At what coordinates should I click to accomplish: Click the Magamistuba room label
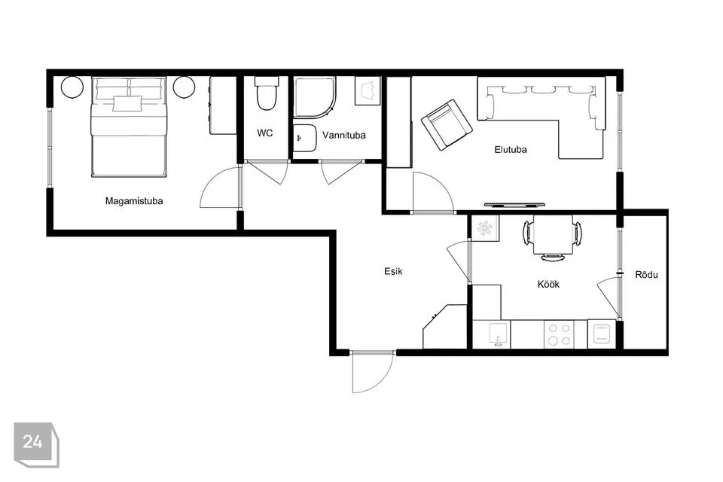(134, 201)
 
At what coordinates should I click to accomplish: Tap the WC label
(264, 133)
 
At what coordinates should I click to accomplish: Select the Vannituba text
(344, 135)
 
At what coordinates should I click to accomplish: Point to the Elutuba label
(511, 149)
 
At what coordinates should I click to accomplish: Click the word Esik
(393, 271)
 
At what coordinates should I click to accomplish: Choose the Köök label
(548, 284)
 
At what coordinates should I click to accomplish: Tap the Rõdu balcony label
(646, 275)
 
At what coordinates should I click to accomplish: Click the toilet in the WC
(267, 93)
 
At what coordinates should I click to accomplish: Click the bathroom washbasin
(305, 138)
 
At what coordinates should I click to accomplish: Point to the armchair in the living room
(447, 124)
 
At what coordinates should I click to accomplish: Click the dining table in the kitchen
(553, 234)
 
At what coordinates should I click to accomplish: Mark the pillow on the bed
(127, 104)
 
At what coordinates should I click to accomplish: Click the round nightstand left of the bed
(72, 87)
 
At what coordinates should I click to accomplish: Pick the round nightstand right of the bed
(185, 87)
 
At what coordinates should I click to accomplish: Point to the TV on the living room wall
(514, 204)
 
